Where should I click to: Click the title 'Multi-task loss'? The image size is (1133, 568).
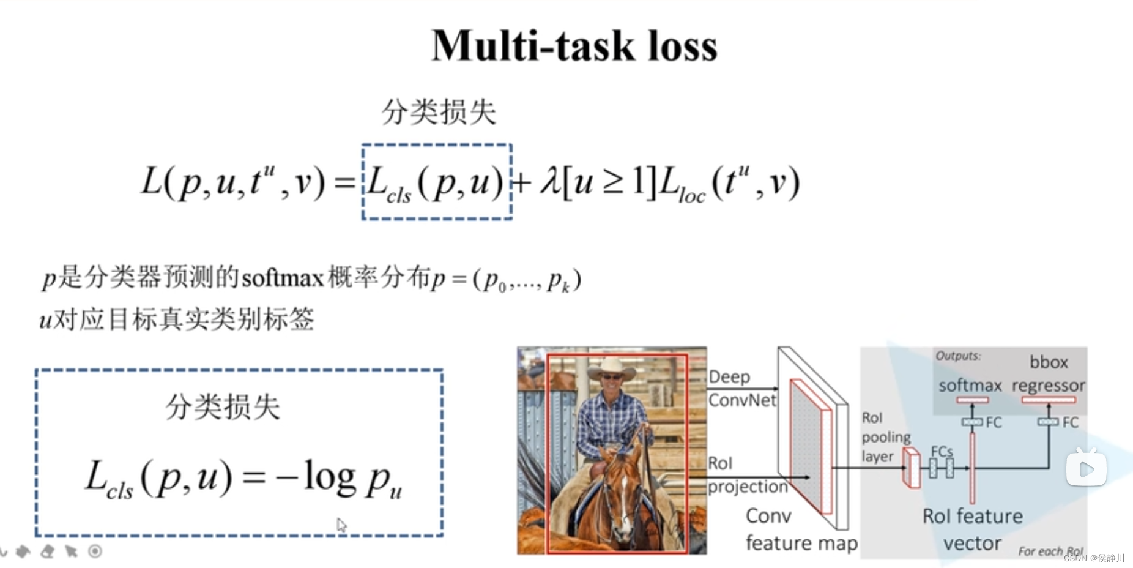(x=574, y=46)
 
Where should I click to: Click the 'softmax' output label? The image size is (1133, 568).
(x=970, y=386)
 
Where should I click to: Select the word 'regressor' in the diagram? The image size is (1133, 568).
(x=1048, y=386)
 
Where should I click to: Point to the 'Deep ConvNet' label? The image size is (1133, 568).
(x=741, y=388)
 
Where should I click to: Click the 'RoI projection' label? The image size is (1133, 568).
(x=746, y=475)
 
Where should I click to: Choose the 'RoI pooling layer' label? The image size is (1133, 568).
(x=885, y=437)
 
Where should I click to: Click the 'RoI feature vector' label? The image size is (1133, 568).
(x=972, y=529)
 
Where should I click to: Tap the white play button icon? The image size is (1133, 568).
(x=1086, y=469)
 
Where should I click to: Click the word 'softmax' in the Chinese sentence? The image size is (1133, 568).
(x=283, y=279)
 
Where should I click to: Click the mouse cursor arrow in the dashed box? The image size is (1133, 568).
(x=341, y=525)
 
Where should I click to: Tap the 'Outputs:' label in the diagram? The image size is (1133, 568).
(x=957, y=356)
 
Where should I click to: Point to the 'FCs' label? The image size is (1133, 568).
(x=942, y=451)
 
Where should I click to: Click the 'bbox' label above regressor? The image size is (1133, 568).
(x=1048, y=362)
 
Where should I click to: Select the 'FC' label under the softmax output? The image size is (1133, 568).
(x=994, y=422)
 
